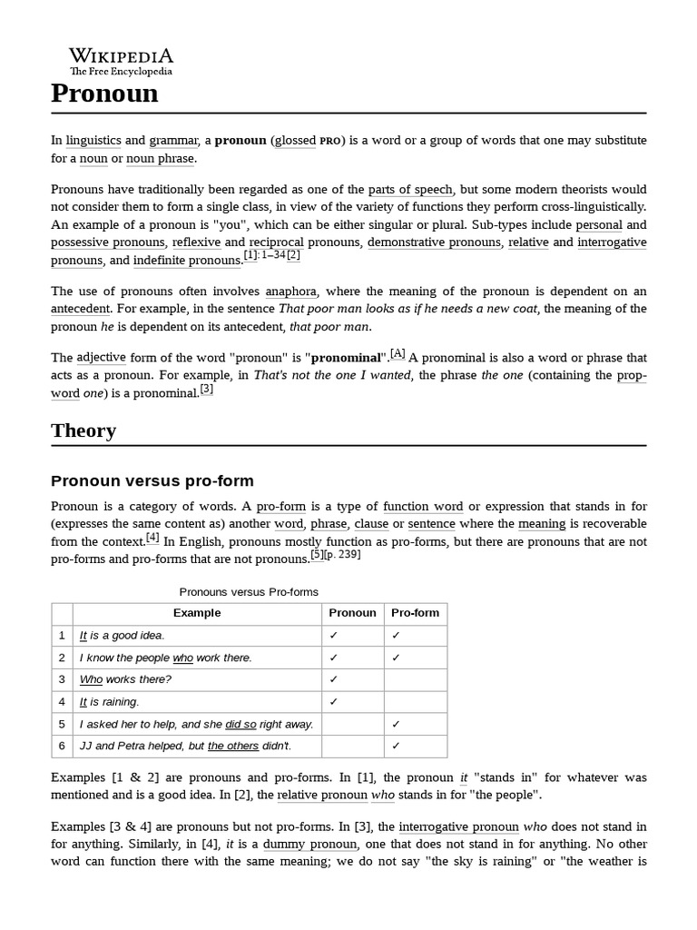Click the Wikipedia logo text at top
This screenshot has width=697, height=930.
pyautogui.click(x=122, y=55)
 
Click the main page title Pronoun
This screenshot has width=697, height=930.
pyautogui.click(x=104, y=93)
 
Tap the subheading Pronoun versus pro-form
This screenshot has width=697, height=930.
pyautogui.click(x=152, y=480)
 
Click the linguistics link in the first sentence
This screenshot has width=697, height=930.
pyautogui.click(x=93, y=140)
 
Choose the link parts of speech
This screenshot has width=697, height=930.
pyautogui.click(x=410, y=189)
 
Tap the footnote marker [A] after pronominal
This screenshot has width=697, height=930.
pyautogui.click(x=398, y=353)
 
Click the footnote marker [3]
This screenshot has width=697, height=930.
pyautogui.click(x=207, y=389)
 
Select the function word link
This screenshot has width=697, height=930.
pyautogui.click(x=422, y=506)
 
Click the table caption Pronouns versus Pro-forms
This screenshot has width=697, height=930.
pyautogui.click(x=249, y=591)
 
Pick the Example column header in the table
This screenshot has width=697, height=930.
pyautogui.click(x=197, y=613)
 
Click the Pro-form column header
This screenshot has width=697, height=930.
pyautogui.click(x=415, y=613)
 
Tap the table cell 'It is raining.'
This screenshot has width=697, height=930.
pyautogui.click(x=109, y=702)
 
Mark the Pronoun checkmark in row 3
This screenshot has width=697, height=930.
pyautogui.click(x=334, y=679)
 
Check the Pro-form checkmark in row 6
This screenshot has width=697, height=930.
pyautogui.click(x=396, y=747)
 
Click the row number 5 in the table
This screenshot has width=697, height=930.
pyautogui.click(x=62, y=724)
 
